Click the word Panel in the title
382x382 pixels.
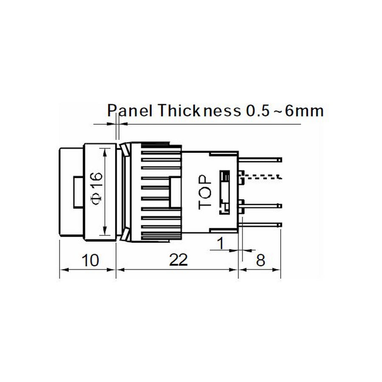tap(130, 111)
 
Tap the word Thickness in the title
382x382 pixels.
tap(199, 111)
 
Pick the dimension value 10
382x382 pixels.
tap(90, 260)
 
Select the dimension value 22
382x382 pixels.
tap(179, 260)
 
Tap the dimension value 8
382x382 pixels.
tap(261, 260)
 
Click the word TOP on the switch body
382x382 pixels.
tap(205, 192)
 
